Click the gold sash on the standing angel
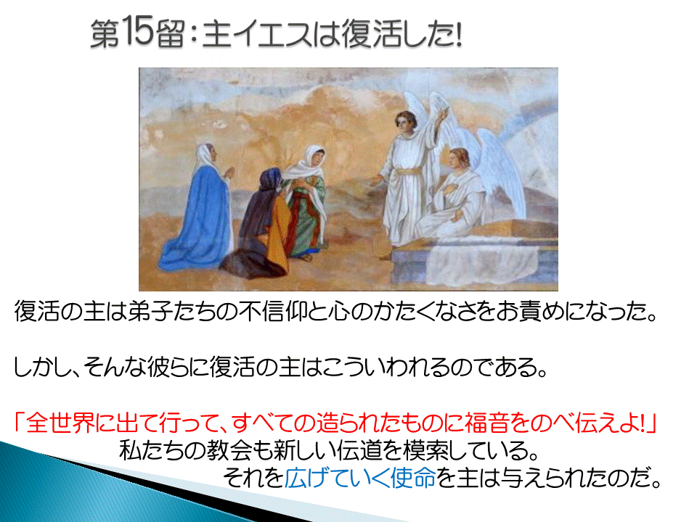(x=408, y=171)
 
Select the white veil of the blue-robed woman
(x=205, y=157)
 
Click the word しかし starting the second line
(x=43, y=368)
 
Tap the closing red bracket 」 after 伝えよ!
(x=652, y=423)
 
